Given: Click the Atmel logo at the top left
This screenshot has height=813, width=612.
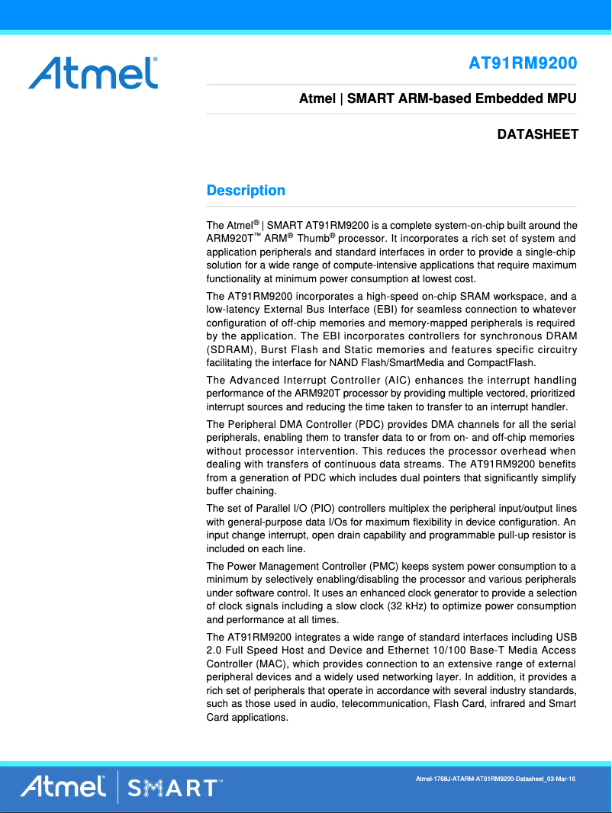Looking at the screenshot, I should [93, 72].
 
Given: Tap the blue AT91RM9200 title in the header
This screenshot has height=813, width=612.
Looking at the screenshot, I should [523, 63].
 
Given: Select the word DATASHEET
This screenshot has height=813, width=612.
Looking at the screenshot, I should [537, 135].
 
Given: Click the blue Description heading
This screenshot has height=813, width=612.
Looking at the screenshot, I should [246, 191].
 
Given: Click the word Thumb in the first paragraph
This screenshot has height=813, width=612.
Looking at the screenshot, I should [312, 239].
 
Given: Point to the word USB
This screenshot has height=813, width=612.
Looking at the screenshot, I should [566, 637].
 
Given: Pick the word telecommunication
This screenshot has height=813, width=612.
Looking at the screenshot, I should [385, 704].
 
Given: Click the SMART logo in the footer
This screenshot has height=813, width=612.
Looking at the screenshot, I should [175, 787].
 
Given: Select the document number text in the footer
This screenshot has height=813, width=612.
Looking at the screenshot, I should [494, 779].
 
